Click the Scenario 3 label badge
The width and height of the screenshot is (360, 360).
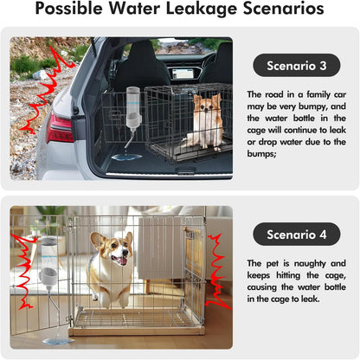(x=296, y=65)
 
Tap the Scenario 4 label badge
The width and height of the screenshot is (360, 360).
(x=296, y=235)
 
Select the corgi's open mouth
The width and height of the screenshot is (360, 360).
(x=121, y=260)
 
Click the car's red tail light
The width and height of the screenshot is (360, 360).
(x=60, y=127)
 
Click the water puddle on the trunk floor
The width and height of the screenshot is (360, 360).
(x=126, y=157)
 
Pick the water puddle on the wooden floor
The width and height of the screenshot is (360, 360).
(x=58, y=341)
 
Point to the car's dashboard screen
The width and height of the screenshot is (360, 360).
(x=183, y=74)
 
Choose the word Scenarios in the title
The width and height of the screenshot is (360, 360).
(x=284, y=9)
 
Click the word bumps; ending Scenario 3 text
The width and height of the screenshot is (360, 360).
(x=261, y=153)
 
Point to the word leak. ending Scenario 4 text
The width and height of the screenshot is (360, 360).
(x=311, y=299)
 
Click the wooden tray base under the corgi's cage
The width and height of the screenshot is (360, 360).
(x=136, y=331)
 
